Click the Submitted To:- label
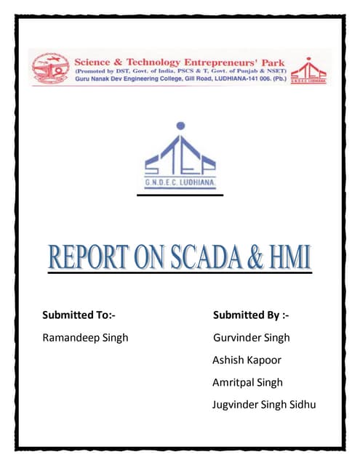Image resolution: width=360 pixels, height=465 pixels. coord(79,315)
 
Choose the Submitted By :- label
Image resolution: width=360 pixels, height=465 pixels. coord(251,315)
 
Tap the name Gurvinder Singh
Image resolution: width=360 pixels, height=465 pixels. coord(252,338)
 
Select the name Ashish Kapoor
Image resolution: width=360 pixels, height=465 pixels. coord(247,360)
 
